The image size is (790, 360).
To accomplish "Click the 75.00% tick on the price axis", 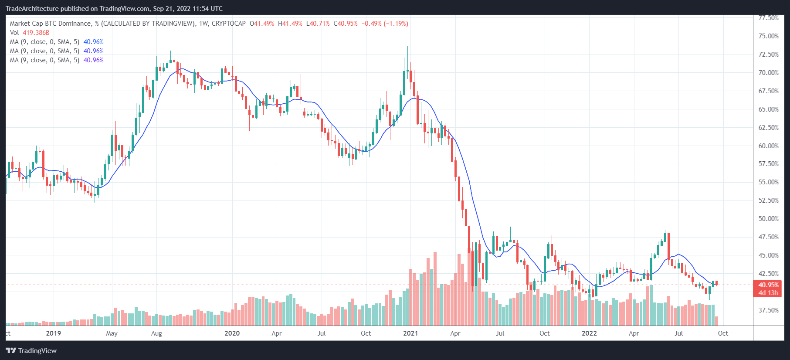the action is click(x=768, y=36).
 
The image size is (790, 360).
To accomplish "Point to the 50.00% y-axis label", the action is click(x=768, y=219).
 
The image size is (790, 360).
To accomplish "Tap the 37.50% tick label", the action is click(x=768, y=310).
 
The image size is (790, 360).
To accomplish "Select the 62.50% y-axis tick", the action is click(x=768, y=128).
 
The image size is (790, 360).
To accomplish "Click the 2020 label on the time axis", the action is click(x=232, y=333).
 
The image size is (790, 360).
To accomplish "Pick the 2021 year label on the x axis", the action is click(x=410, y=333).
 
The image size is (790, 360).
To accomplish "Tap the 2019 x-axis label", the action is click(x=54, y=333).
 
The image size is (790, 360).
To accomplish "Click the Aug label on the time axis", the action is click(x=156, y=333).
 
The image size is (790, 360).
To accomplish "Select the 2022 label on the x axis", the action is click(x=589, y=333).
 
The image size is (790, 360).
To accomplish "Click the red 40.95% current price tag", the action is click(x=768, y=285).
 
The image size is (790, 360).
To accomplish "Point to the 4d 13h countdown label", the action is click(x=768, y=293).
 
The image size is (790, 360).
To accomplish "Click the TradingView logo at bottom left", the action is click(x=31, y=351).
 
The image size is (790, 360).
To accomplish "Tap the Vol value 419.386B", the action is click(x=36, y=33).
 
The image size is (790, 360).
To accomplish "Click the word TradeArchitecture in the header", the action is click(x=32, y=9).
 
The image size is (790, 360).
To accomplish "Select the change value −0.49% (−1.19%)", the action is click(x=385, y=24).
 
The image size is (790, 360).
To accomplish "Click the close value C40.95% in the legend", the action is click(x=346, y=24).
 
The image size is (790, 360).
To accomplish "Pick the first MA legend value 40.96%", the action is click(x=94, y=42).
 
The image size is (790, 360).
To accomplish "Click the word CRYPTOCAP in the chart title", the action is click(x=229, y=24).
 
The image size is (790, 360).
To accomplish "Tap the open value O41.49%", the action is click(x=262, y=24).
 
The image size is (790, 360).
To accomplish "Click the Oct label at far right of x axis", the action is click(x=723, y=333).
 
